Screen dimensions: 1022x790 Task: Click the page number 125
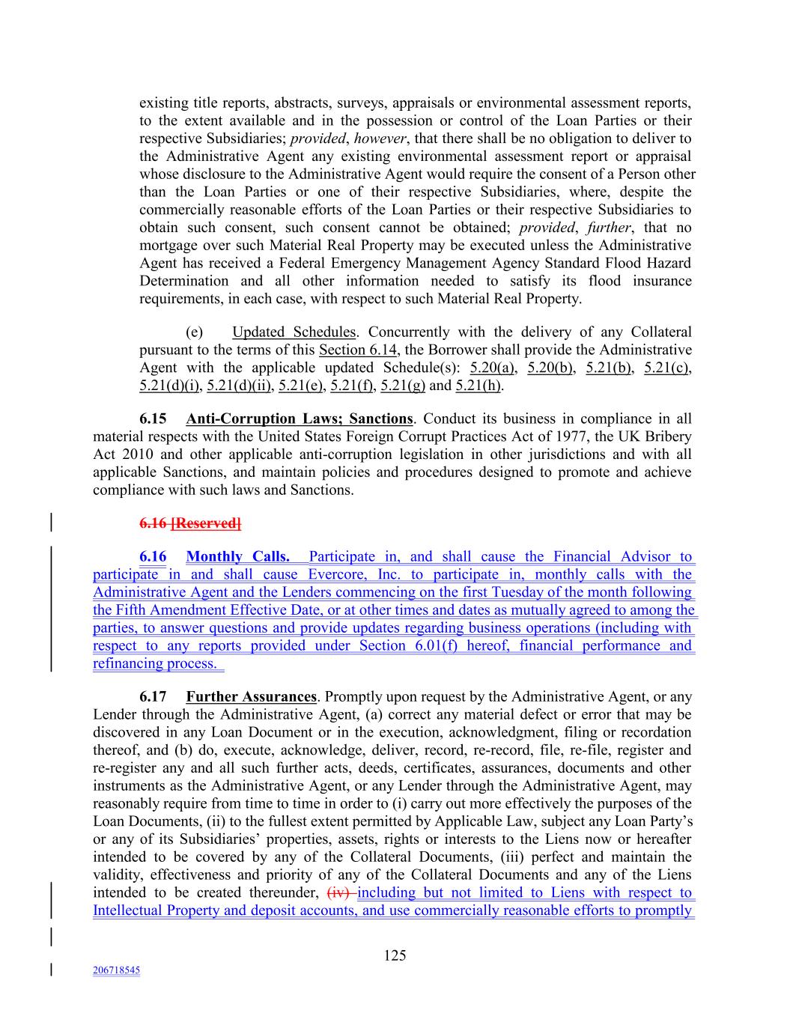pos(395,955)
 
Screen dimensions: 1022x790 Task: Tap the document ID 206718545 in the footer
pos(116,970)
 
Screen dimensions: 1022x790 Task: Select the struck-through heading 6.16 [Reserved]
pos(190,523)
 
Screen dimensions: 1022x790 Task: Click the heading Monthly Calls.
pos(237,556)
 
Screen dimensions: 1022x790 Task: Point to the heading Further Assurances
pos(251,696)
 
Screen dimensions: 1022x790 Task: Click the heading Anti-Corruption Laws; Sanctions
pos(299,419)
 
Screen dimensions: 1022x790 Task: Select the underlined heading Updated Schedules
pos(294,332)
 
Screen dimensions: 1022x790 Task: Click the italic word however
pos(380,139)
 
